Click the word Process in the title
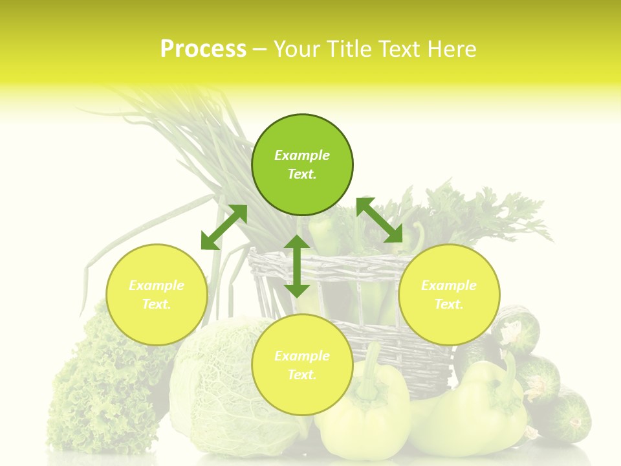[203, 49]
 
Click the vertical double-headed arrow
[297, 266]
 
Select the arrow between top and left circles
[224, 227]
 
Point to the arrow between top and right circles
[380, 221]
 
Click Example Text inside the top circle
[302, 164]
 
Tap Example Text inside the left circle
[157, 294]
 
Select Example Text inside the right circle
[449, 294]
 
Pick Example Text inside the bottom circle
[302, 365]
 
